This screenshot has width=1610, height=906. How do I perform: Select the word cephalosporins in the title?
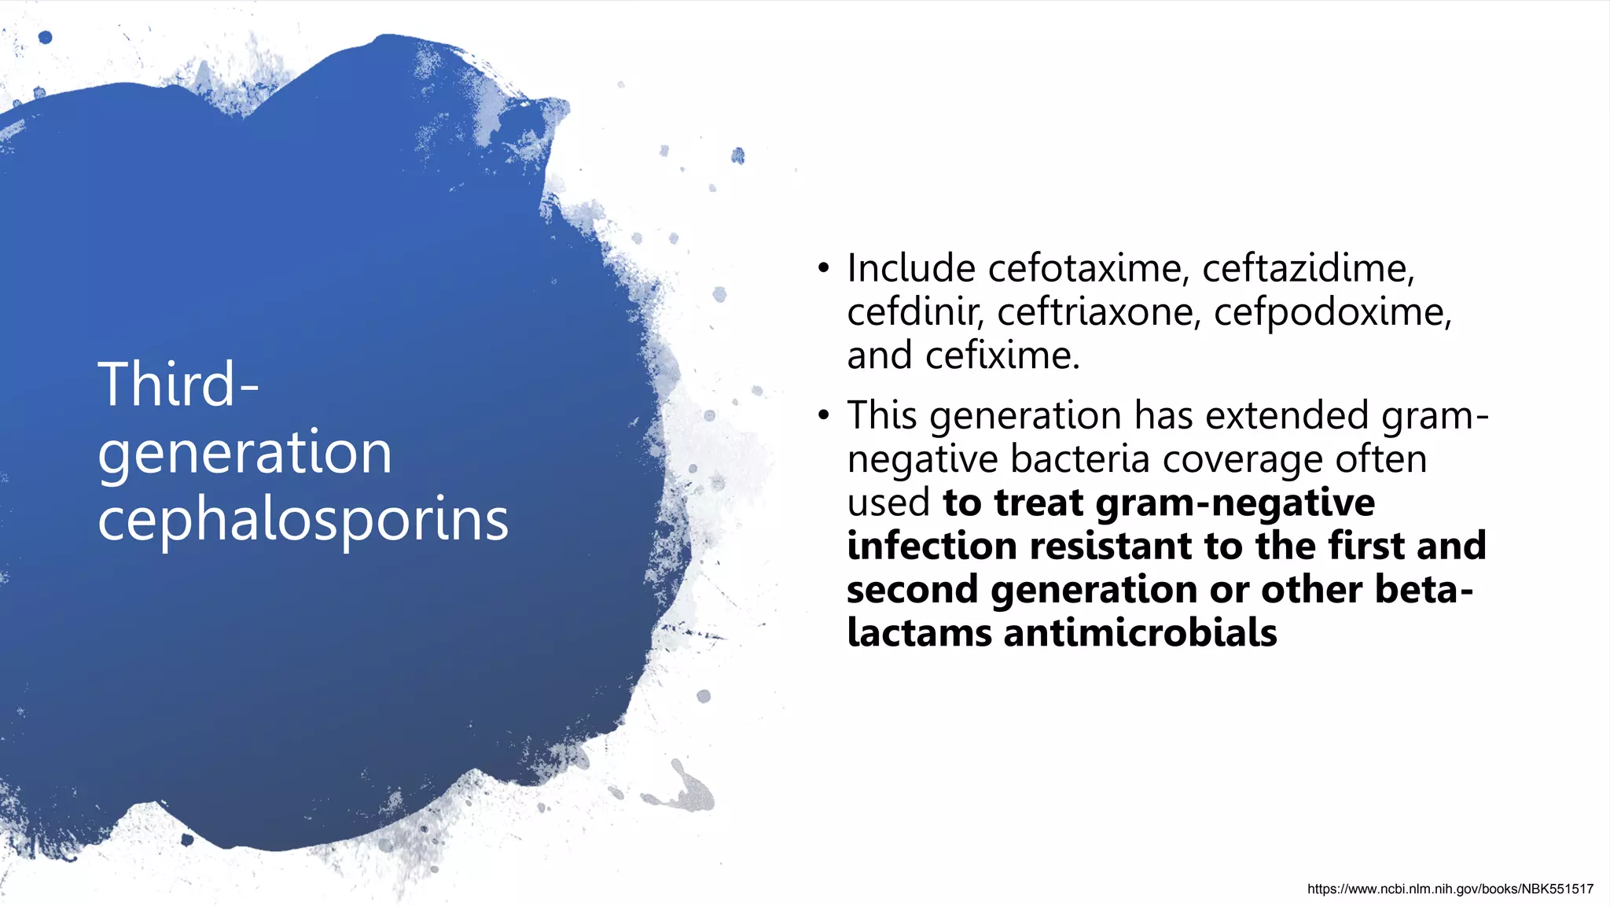[x=303, y=520]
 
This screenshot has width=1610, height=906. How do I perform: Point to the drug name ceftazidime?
[x=1307, y=268]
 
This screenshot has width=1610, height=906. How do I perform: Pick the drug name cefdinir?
[x=914, y=312]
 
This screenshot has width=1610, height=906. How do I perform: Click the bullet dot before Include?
[x=823, y=269]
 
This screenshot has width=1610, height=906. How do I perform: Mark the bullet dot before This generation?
[x=823, y=415]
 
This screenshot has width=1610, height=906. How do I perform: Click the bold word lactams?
[x=919, y=633]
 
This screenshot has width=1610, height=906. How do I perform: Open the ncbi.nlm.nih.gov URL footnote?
[x=1450, y=889]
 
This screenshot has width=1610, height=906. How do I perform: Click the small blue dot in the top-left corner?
[x=46, y=37]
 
